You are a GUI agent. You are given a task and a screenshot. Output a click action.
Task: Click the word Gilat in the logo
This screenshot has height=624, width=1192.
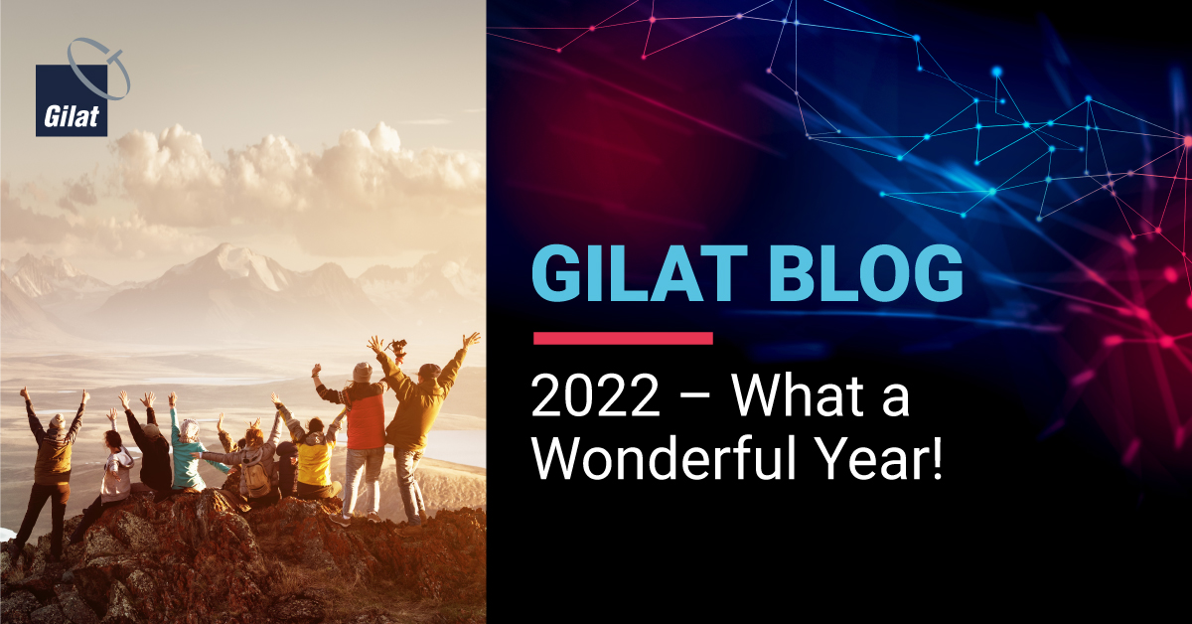pos(72,116)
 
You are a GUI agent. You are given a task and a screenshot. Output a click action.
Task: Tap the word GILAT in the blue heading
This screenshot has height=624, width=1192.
pos(640,273)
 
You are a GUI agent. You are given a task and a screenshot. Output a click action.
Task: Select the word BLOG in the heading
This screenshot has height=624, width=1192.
pos(866,273)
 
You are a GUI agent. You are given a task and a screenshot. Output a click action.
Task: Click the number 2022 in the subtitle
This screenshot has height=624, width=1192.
pos(595,396)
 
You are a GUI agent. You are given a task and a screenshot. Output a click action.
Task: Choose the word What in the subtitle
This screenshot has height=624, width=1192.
pos(797,395)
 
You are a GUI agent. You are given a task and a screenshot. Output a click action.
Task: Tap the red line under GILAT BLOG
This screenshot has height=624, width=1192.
pos(623,338)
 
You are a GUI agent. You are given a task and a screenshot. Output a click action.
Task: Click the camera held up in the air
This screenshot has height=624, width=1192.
pos(397,349)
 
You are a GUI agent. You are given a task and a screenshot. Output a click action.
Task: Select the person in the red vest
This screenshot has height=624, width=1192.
pos(358,436)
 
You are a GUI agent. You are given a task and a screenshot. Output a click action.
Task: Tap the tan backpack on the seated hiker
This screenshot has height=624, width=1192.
pos(256,478)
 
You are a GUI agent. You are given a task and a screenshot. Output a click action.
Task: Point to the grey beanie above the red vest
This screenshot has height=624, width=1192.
pos(363,373)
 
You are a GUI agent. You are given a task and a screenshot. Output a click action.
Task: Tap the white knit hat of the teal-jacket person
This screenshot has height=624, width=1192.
pos(189,428)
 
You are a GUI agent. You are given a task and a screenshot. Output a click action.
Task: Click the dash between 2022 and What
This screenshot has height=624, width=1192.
pos(694,398)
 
